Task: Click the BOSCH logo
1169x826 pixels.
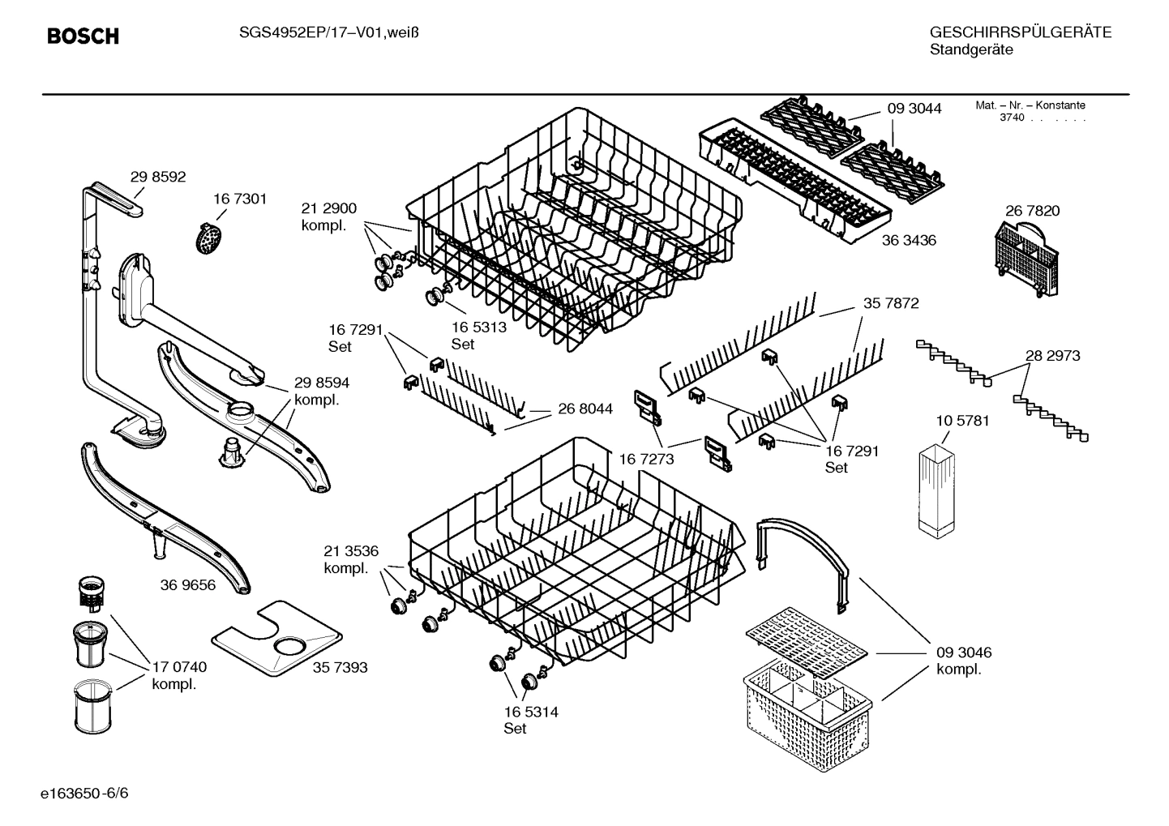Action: tap(83, 36)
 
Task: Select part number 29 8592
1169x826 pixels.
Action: tap(158, 177)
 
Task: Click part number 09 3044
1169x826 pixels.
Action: tap(914, 109)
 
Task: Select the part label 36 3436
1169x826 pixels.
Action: tap(909, 241)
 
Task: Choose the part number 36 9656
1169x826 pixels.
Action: tap(188, 584)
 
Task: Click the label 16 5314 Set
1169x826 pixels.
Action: tap(530, 720)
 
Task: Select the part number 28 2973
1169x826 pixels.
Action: tap(1052, 356)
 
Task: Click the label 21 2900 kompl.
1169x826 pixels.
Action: tap(328, 216)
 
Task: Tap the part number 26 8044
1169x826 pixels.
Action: tap(584, 409)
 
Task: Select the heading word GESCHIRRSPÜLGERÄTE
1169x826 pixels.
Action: tap(1020, 32)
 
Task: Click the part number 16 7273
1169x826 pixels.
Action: tap(646, 459)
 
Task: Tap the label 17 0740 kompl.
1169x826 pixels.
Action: tap(179, 675)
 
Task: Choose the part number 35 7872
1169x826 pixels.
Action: tap(891, 303)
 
